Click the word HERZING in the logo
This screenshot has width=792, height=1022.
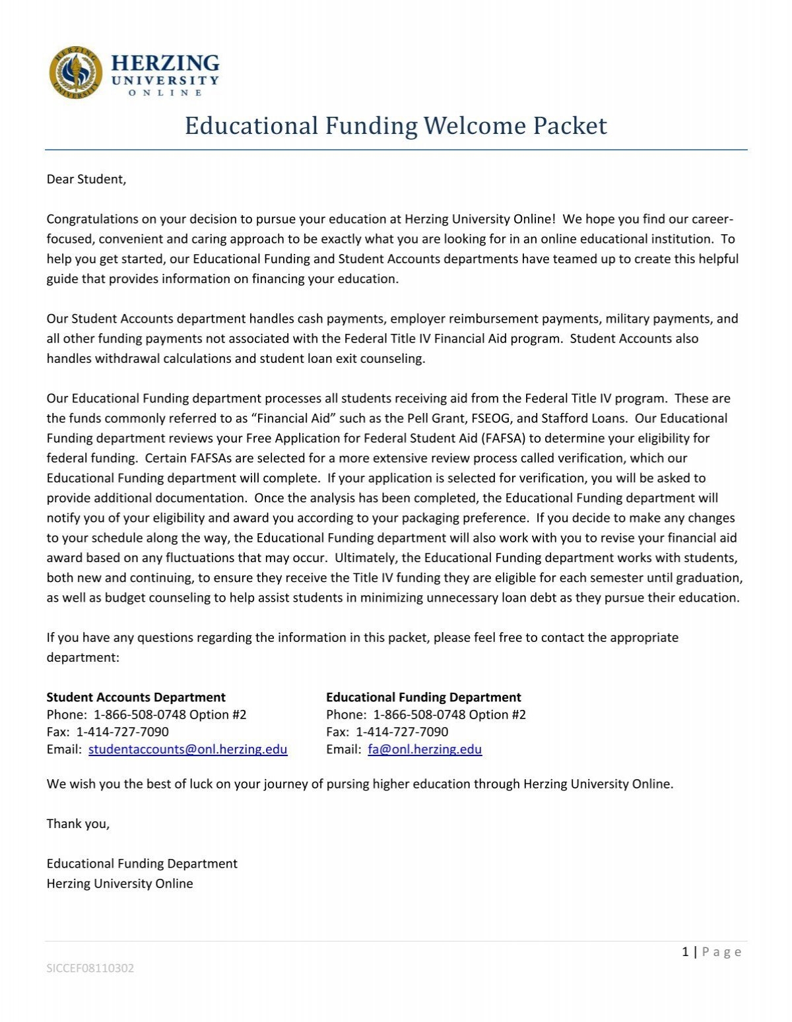coord(165,63)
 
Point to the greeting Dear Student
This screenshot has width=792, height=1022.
coord(86,179)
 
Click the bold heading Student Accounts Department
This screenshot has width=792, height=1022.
coord(136,697)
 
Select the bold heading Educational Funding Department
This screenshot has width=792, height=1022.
coord(423,697)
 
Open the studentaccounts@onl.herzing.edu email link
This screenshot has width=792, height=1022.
coord(187,750)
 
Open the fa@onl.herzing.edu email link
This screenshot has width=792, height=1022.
coord(424,750)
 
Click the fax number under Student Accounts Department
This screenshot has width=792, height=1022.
coord(123,732)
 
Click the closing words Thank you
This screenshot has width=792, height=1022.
coord(78,823)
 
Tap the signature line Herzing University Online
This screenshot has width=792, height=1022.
coord(119,883)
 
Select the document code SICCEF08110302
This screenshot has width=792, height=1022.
coord(90,969)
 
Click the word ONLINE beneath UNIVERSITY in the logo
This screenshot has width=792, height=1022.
coord(165,93)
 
